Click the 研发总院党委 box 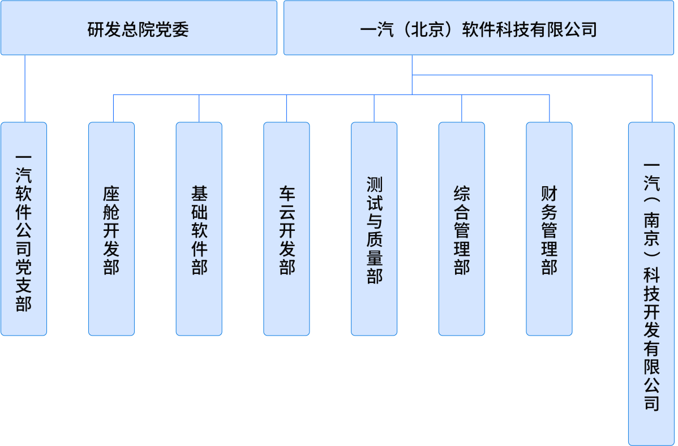(139, 28)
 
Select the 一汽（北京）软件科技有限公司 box (480, 28)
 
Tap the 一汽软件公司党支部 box (24, 229)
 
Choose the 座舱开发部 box (111, 229)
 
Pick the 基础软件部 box (199, 229)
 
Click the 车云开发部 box (286, 229)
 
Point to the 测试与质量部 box (374, 229)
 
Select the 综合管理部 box (462, 229)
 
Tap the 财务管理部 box (549, 229)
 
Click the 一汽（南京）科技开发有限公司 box (651, 283)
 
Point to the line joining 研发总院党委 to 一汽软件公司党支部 (25, 88)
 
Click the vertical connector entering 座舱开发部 (113, 108)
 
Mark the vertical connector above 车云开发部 (286, 108)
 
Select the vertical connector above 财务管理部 (550, 108)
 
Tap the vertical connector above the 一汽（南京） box (652, 98)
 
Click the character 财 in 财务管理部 (549, 195)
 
